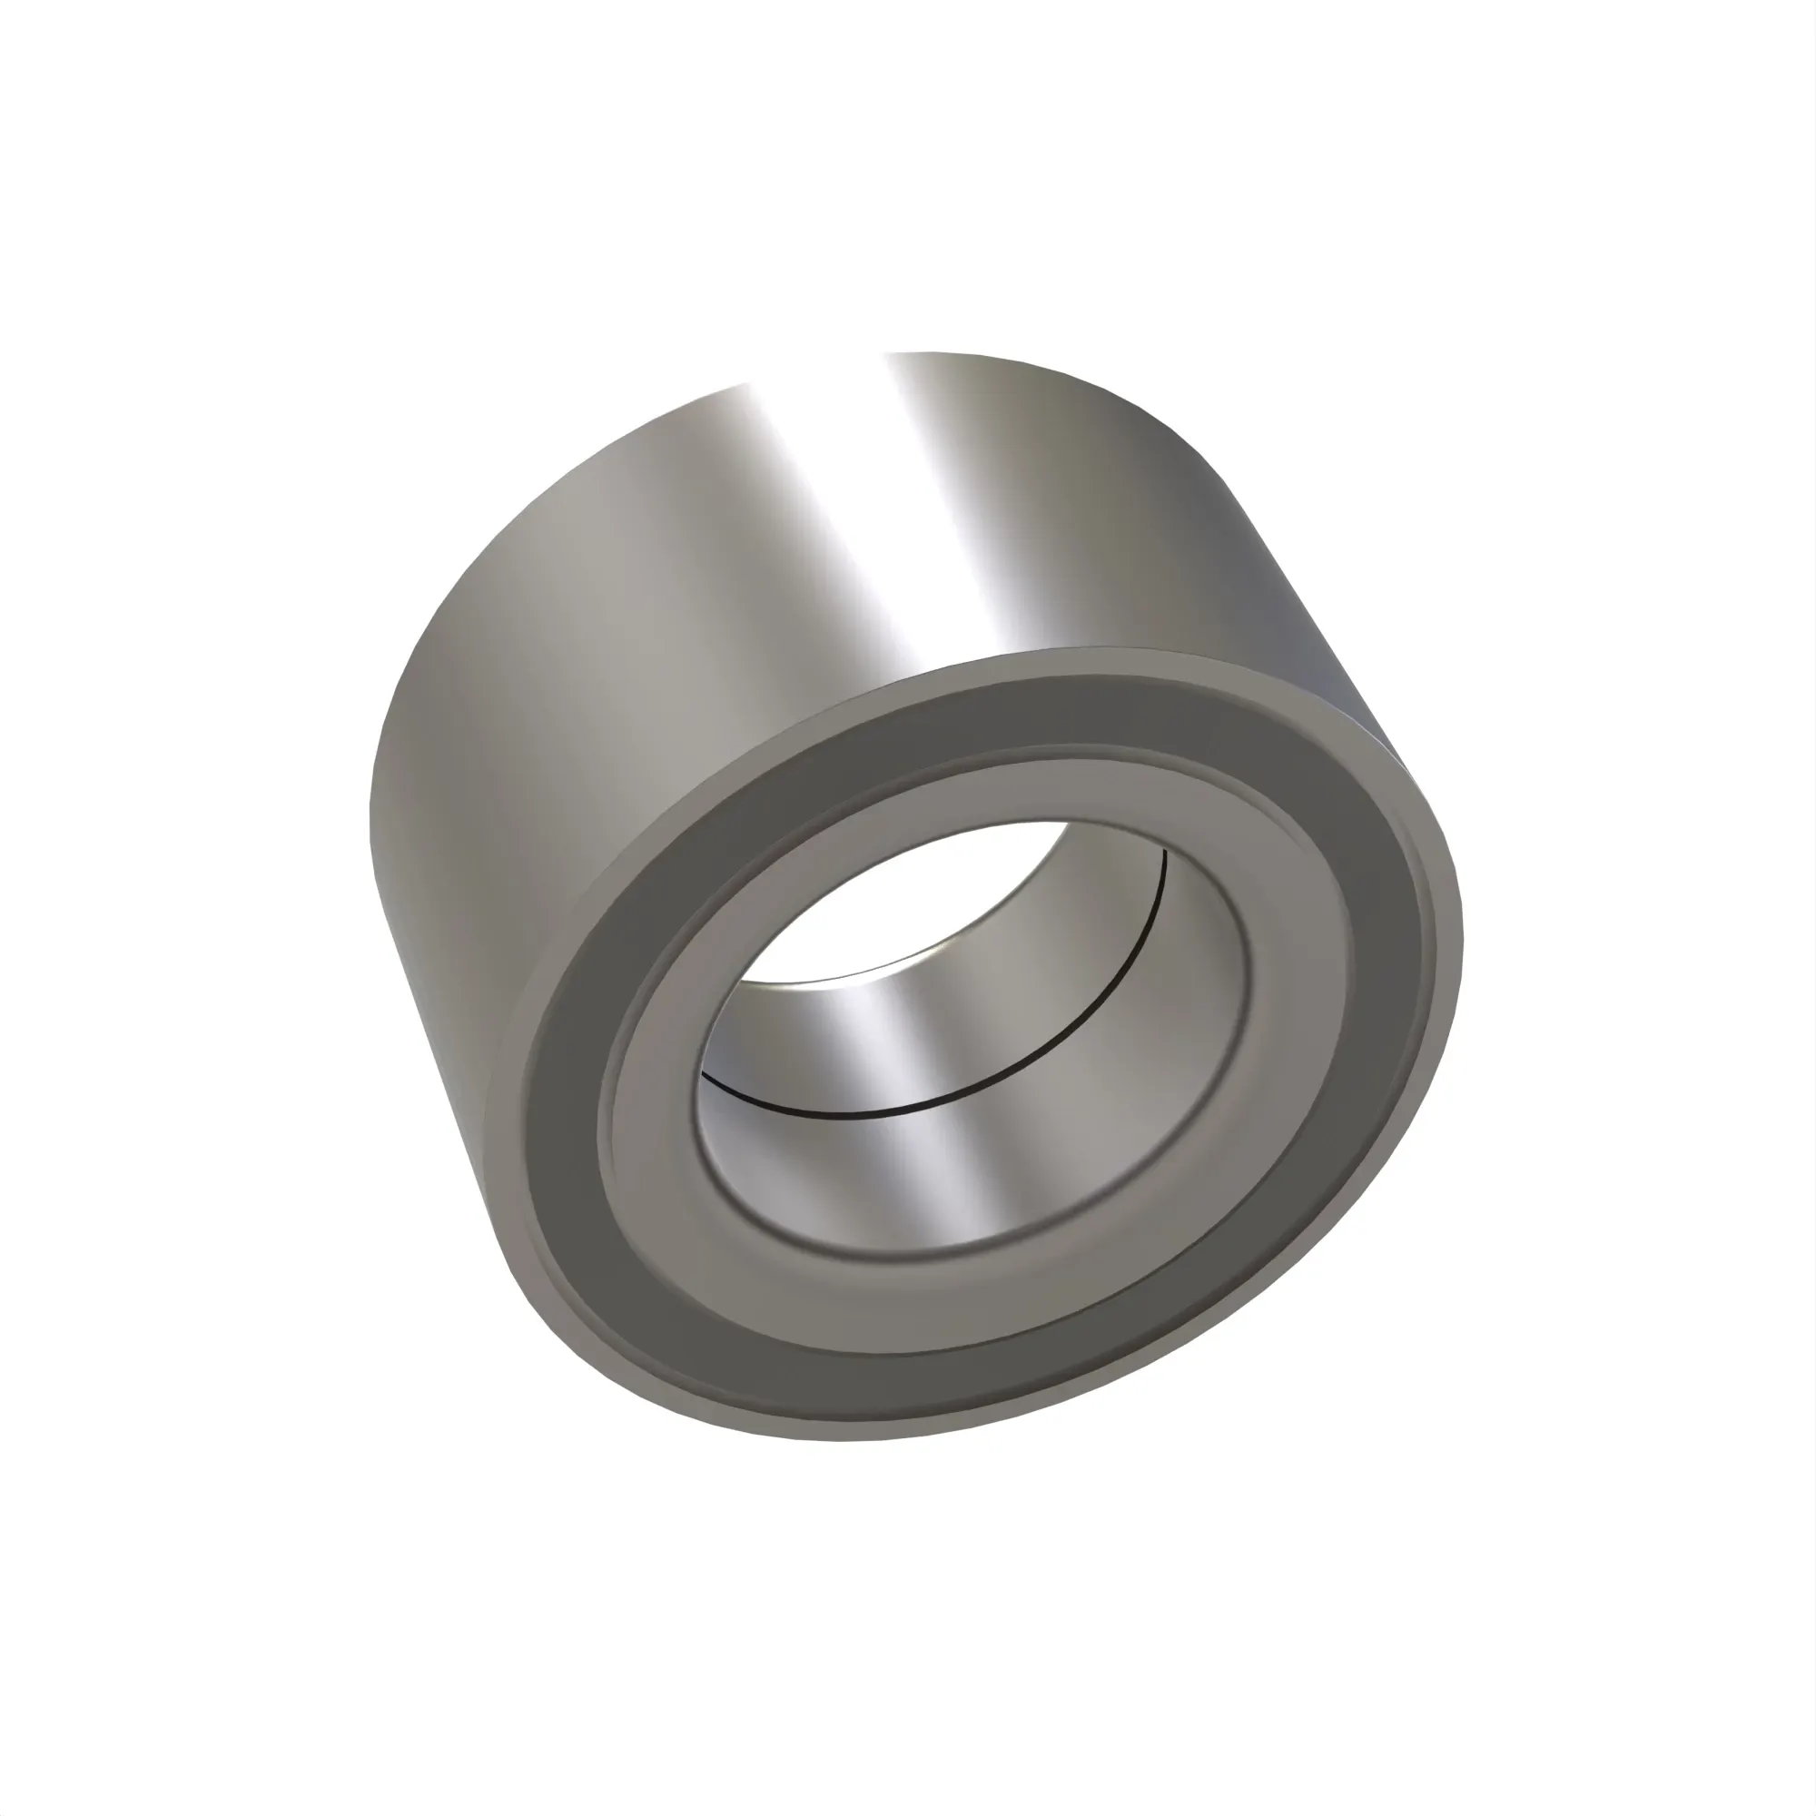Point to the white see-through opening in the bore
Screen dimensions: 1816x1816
(903, 903)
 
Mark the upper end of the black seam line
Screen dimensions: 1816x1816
(1164, 851)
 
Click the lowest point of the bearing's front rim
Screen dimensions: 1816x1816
(846, 1441)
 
